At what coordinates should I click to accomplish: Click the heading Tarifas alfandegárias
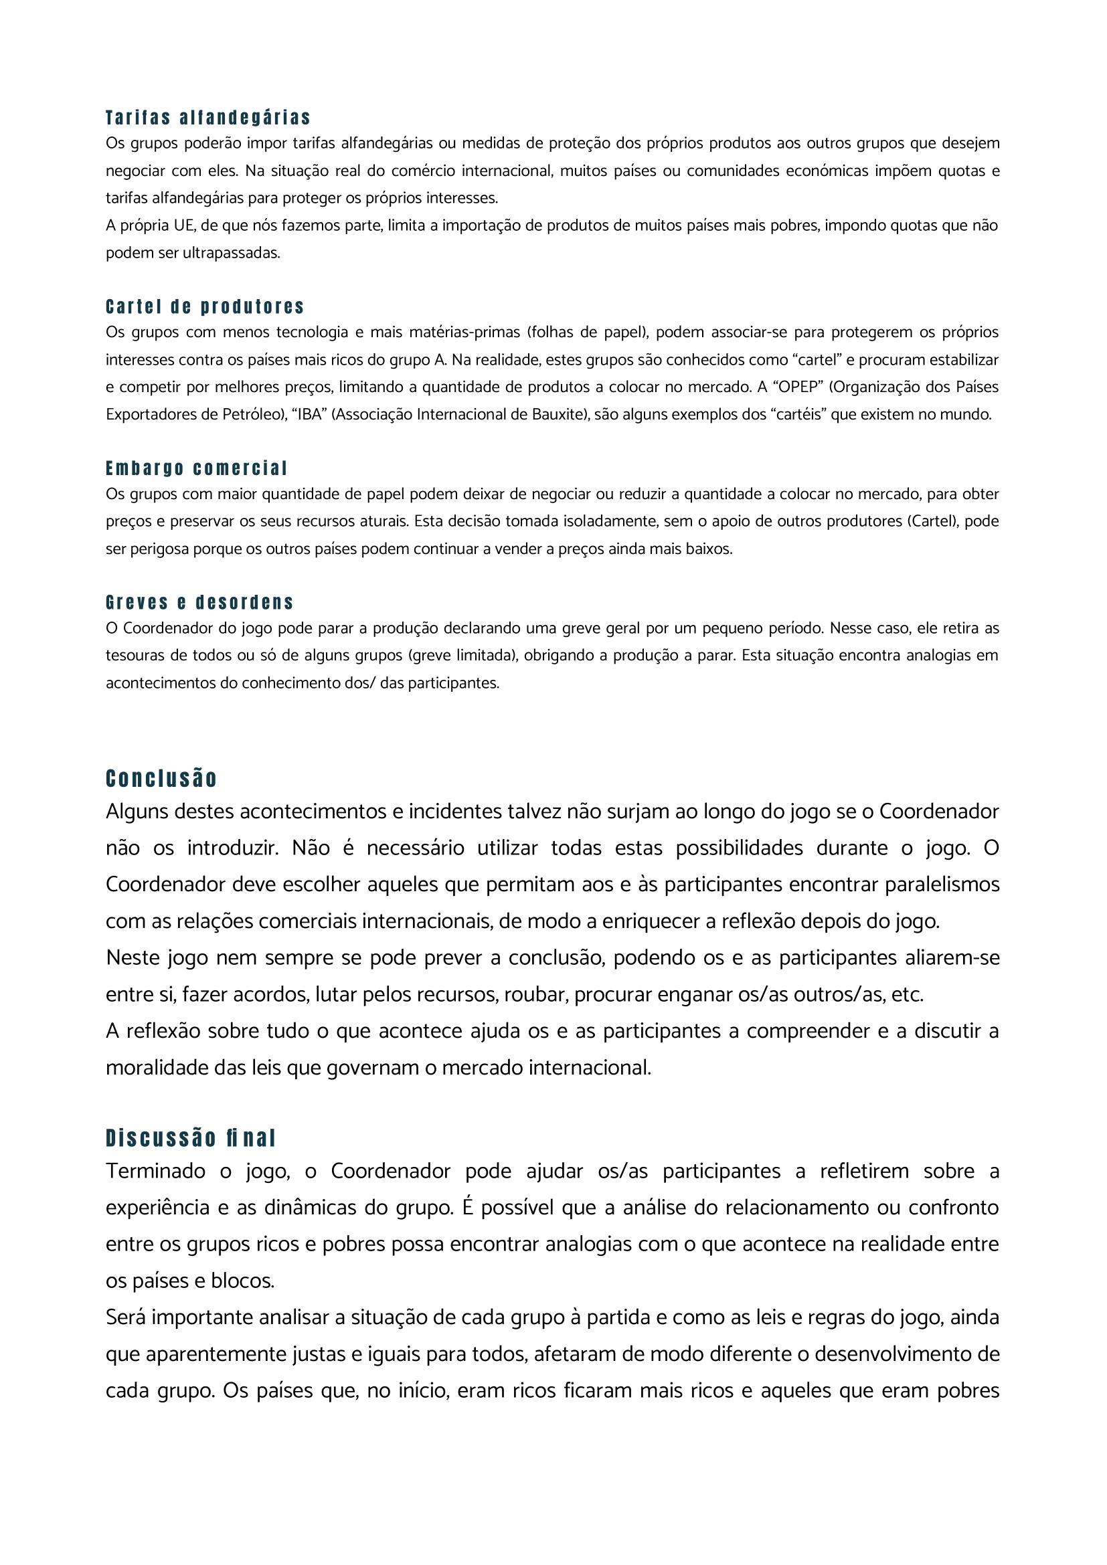point(208,118)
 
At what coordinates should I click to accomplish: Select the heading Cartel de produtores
point(205,306)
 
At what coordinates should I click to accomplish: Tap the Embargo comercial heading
point(196,468)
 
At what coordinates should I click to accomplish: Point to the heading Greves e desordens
point(199,603)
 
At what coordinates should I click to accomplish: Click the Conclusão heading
point(161,778)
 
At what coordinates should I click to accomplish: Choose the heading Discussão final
point(190,1138)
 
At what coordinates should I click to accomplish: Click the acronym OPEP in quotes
point(798,387)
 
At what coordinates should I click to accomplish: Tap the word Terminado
point(155,1171)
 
